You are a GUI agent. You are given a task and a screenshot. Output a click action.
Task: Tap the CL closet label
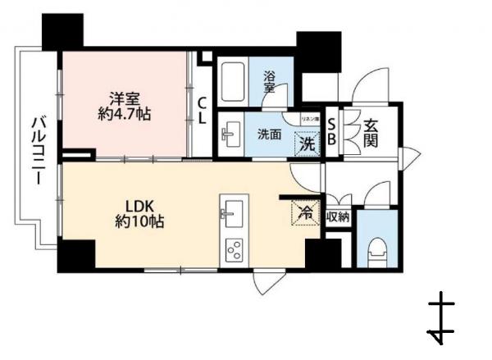click(x=201, y=110)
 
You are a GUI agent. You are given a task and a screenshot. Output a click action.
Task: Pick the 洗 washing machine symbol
click(x=305, y=144)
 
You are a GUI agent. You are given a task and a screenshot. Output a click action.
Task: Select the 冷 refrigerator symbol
click(x=303, y=212)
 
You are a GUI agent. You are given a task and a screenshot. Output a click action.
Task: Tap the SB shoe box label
click(x=331, y=131)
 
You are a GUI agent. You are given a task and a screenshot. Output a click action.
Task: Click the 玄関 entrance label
click(x=371, y=131)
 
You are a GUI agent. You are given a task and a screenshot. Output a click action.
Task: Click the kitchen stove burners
click(x=233, y=249)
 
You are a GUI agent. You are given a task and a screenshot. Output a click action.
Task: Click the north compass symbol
click(x=441, y=320)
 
